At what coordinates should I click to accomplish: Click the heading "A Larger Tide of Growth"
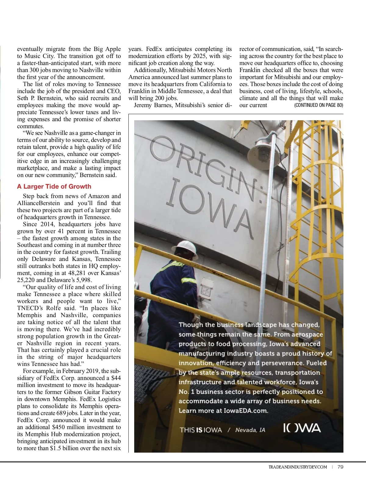[x=54, y=186]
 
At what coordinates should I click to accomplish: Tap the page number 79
[x=340, y=467]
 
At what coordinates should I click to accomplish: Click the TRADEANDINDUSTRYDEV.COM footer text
[x=297, y=467]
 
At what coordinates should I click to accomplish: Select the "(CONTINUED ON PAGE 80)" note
[x=318, y=105]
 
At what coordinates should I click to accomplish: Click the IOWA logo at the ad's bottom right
[x=302, y=428]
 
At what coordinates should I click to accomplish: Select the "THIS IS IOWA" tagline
[x=201, y=430]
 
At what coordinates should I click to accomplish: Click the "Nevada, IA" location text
[x=250, y=430]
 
